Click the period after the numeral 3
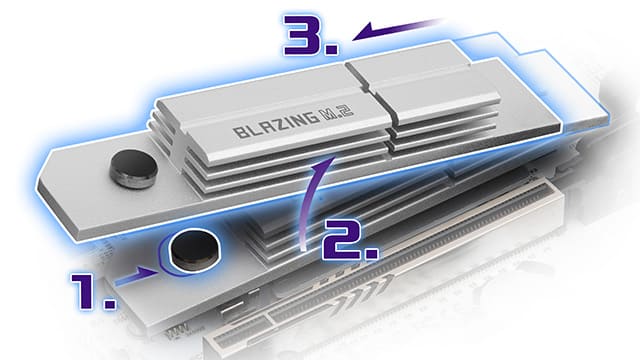click(332, 49)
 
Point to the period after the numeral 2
click(371, 253)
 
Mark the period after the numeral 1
click(109, 303)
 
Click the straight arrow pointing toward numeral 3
click(397, 29)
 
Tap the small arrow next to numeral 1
click(137, 276)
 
